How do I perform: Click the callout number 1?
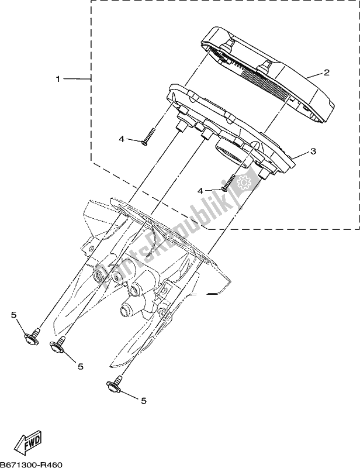58,78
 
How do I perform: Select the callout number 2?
327,73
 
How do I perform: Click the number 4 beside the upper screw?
122,140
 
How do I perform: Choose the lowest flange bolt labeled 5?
112,385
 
